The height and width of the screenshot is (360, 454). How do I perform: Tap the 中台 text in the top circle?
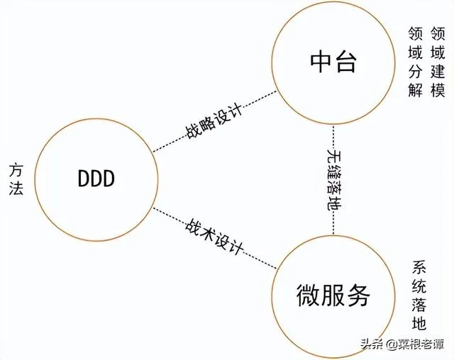pyautogui.click(x=332, y=63)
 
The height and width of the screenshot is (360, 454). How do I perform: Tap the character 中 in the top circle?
pyautogui.click(x=319, y=63)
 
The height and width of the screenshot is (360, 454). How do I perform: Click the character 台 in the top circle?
pyautogui.click(x=345, y=63)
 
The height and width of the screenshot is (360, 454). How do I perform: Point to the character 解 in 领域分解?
pyautogui.click(x=416, y=90)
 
